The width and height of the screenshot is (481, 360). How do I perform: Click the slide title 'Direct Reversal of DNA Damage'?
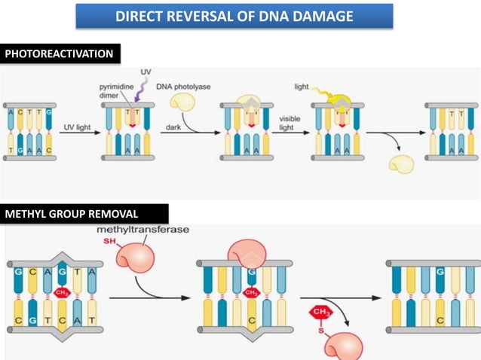pos(234,16)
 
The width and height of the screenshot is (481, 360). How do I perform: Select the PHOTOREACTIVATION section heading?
pos(60,53)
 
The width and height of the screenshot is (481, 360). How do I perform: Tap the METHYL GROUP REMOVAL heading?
pos(84,214)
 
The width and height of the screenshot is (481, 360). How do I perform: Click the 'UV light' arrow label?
pos(77,129)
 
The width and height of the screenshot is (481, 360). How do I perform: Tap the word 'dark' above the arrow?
pos(173,128)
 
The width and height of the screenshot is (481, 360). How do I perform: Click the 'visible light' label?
pos(290,123)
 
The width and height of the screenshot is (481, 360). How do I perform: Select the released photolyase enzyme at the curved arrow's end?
pos(400,163)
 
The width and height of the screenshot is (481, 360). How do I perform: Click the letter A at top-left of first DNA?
pos(11,112)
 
